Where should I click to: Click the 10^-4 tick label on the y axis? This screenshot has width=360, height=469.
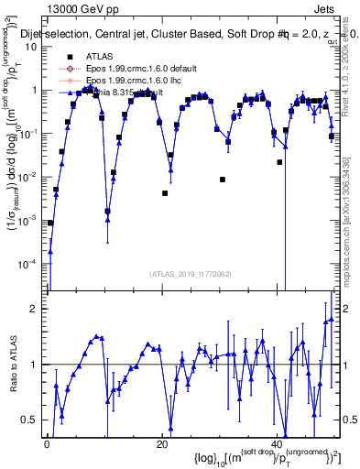click(x=31, y=264)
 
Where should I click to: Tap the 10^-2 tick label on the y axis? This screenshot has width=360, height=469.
click(x=31, y=177)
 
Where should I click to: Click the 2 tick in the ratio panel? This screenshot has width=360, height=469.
click(x=36, y=309)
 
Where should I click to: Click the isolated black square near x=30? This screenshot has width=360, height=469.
click(x=223, y=180)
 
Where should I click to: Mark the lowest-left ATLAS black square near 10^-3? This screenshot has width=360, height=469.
click(x=50, y=223)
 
